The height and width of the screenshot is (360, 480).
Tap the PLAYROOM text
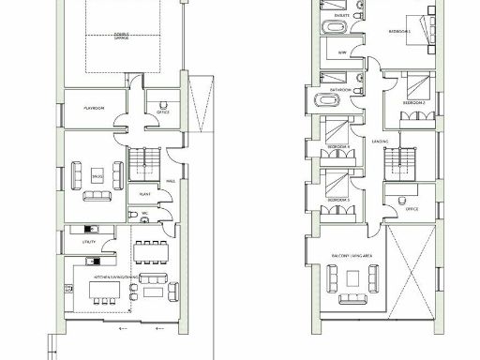click(x=91, y=108)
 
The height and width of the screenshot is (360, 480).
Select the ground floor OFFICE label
click(x=162, y=113)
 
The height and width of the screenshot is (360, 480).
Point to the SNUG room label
click(x=97, y=174)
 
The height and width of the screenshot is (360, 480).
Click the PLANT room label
click(x=146, y=195)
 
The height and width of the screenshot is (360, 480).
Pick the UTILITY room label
click(x=90, y=242)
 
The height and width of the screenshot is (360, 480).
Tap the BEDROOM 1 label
click(x=402, y=33)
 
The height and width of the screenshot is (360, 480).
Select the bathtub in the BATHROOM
click(x=312, y=99)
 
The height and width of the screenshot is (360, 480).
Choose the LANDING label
click(x=380, y=142)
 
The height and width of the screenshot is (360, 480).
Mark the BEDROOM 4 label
click(x=339, y=147)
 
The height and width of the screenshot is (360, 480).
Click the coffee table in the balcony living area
click(x=353, y=279)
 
